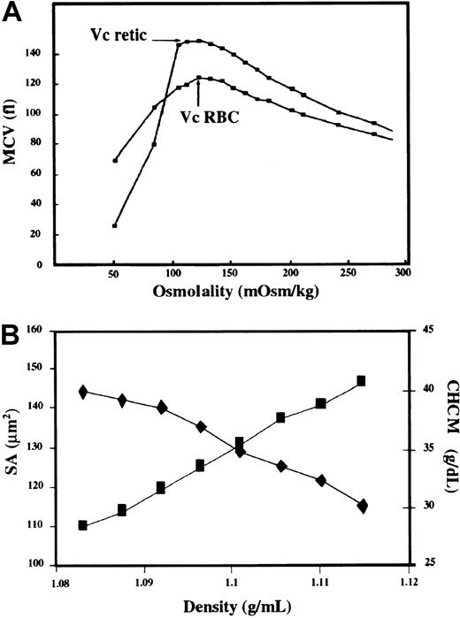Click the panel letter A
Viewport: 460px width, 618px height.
[14, 12]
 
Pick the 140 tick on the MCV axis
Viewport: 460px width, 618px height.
[39, 54]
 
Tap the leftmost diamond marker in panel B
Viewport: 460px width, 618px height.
[83, 392]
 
